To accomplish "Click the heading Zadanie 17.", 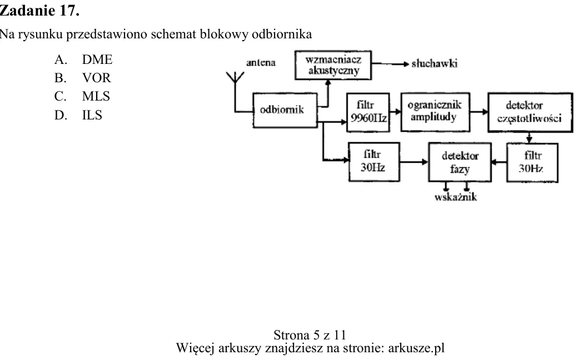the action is (x=39, y=11).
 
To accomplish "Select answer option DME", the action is (x=97, y=59).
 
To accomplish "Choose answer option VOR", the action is (x=96, y=78).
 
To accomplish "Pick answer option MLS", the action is (x=96, y=96).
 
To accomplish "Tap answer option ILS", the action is (x=92, y=115).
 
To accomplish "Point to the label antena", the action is (x=261, y=63).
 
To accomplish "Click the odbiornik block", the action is (x=285, y=110).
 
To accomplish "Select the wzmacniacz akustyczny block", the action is (x=333, y=65).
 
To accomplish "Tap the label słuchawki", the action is (x=435, y=64).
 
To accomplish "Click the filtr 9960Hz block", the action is (x=368, y=112).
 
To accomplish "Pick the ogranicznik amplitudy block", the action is (x=435, y=112).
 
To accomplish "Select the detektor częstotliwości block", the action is (x=530, y=112).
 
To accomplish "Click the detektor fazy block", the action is (x=460, y=162).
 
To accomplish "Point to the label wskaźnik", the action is (x=456, y=197).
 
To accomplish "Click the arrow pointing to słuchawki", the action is (x=390, y=64).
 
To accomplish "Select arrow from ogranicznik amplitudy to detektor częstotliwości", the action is (x=479, y=112).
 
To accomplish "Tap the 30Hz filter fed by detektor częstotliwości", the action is (x=532, y=162).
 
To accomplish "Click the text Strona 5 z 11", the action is (x=310, y=335).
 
